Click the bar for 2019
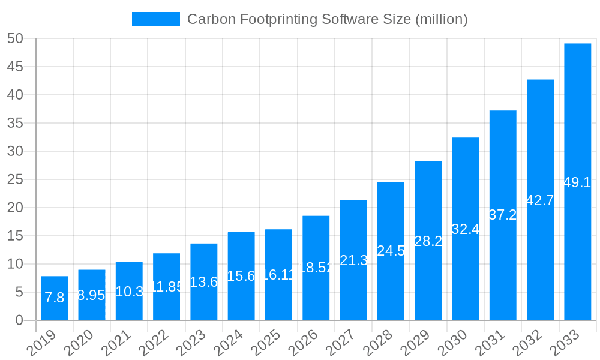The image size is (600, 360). coord(54,298)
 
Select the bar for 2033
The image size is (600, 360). coord(577,182)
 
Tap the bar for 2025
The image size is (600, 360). coord(278,275)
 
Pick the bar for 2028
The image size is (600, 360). coord(391,251)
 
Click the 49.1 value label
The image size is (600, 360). coord(577,183)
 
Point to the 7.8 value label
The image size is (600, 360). coord(54,298)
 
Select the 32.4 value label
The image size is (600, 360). coord(465,229)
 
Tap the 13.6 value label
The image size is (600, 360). coord(203,282)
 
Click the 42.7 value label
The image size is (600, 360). coord(540,200)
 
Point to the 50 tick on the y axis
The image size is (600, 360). coord(15,38)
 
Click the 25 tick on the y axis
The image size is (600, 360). coord(15,179)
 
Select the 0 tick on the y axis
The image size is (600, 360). coord(19,320)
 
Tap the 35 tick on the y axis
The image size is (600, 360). coord(15,123)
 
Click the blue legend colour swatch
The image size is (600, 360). coord(155,19)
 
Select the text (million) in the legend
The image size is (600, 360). coord(441,19)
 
